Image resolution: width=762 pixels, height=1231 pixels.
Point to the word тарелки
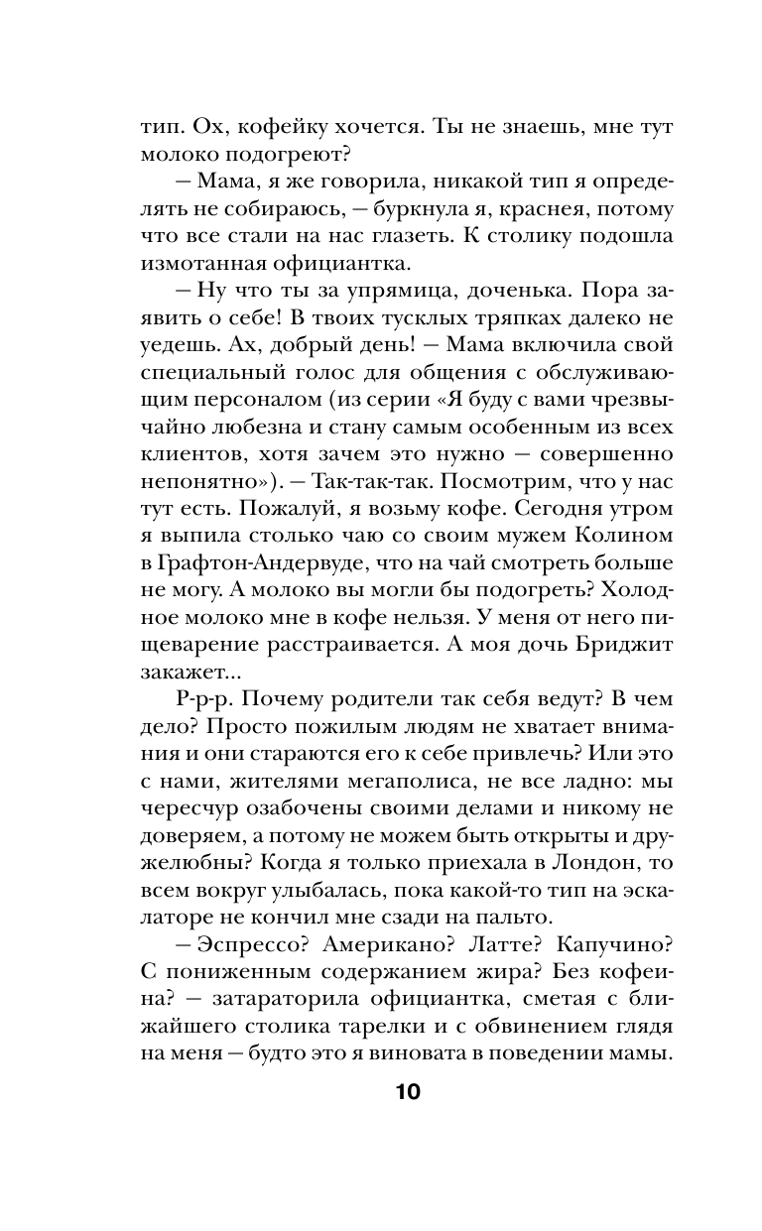pos(385,1026)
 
